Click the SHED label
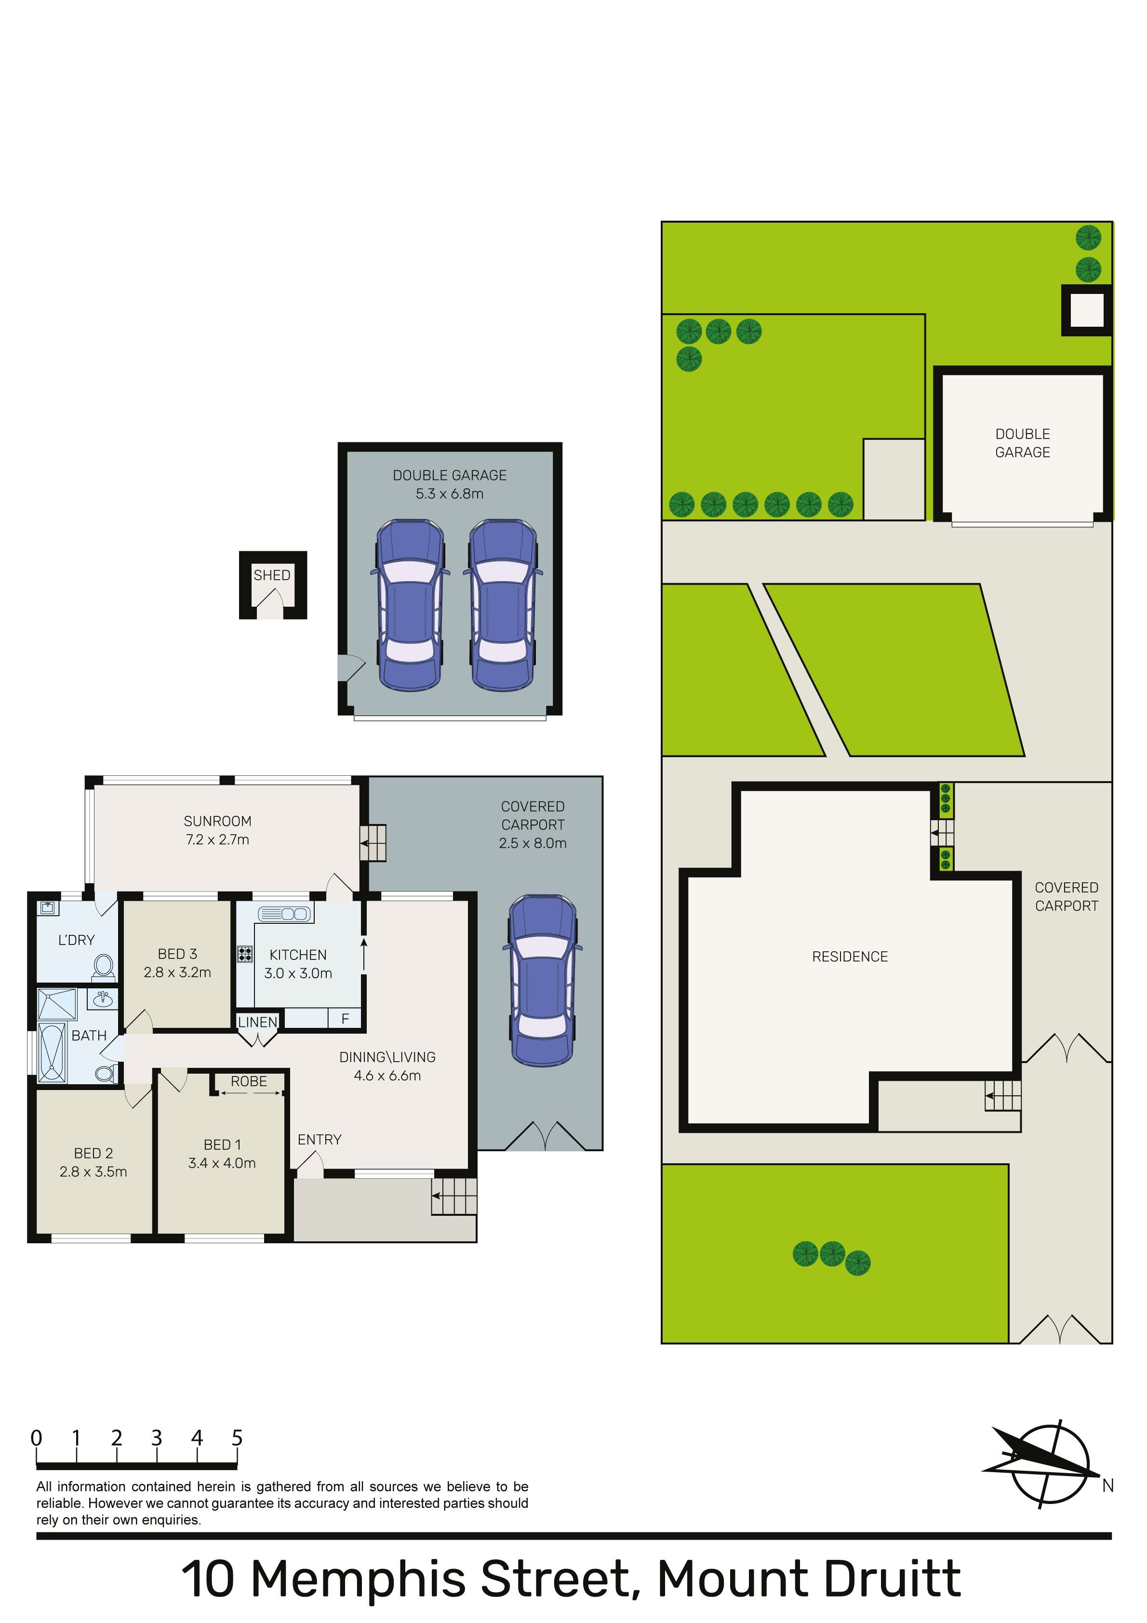click(272, 575)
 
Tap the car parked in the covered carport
click(542, 981)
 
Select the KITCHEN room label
click(298, 955)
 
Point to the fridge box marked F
click(345, 1019)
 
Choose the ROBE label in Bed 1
click(249, 1081)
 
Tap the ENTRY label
click(320, 1140)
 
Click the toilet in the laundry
click(103, 967)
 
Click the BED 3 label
click(177, 954)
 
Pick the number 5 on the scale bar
click(237, 1438)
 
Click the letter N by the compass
click(1108, 1486)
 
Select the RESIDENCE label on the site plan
click(850, 957)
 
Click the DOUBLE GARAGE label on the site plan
click(1023, 443)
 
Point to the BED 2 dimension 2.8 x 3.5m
click(93, 1171)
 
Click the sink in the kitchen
click(285, 914)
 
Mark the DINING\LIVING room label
click(387, 1057)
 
